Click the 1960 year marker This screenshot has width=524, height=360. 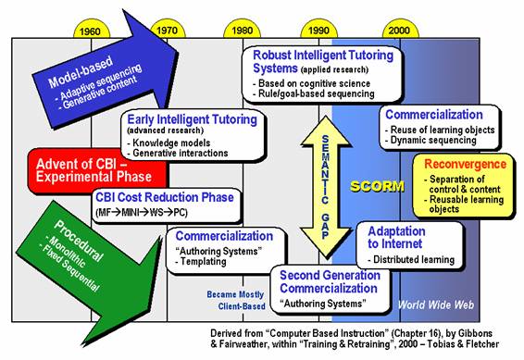(91, 31)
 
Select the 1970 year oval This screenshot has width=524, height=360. (167, 31)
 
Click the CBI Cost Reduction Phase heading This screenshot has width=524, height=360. (164, 197)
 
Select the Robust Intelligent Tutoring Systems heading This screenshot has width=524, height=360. (323, 62)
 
